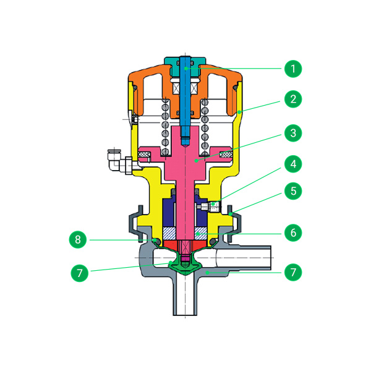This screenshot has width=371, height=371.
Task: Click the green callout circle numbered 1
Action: [293, 69]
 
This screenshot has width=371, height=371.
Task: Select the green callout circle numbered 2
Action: [293, 99]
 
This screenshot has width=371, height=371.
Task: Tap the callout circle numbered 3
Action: [293, 133]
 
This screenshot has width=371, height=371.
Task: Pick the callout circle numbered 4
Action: [293, 164]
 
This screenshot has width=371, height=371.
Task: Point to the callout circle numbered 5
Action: [293, 190]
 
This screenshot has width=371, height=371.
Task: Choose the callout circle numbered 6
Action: [293, 232]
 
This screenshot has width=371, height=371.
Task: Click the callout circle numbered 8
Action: [78, 239]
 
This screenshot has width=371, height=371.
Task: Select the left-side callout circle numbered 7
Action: [80, 273]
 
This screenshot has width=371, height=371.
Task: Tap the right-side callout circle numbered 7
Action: [293, 272]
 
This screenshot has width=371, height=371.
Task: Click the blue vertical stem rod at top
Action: [185, 100]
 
